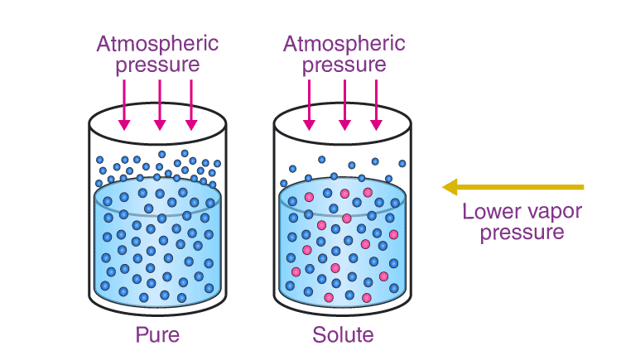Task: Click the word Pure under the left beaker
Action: pos(157,336)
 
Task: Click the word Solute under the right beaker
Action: pos(343,336)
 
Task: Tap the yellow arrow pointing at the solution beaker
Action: pos(513,187)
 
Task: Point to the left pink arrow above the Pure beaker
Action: pos(124,103)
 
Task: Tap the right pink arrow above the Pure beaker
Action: pos(191,103)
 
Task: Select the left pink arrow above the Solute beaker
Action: pos(310,103)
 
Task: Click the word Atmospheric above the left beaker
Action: pos(158,43)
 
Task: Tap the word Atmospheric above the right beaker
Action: pos(344,43)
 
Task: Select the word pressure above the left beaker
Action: pos(157,65)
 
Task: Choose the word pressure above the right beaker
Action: pos(344,65)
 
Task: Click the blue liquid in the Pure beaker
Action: pos(157,248)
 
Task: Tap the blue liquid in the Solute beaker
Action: pos(343,248)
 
